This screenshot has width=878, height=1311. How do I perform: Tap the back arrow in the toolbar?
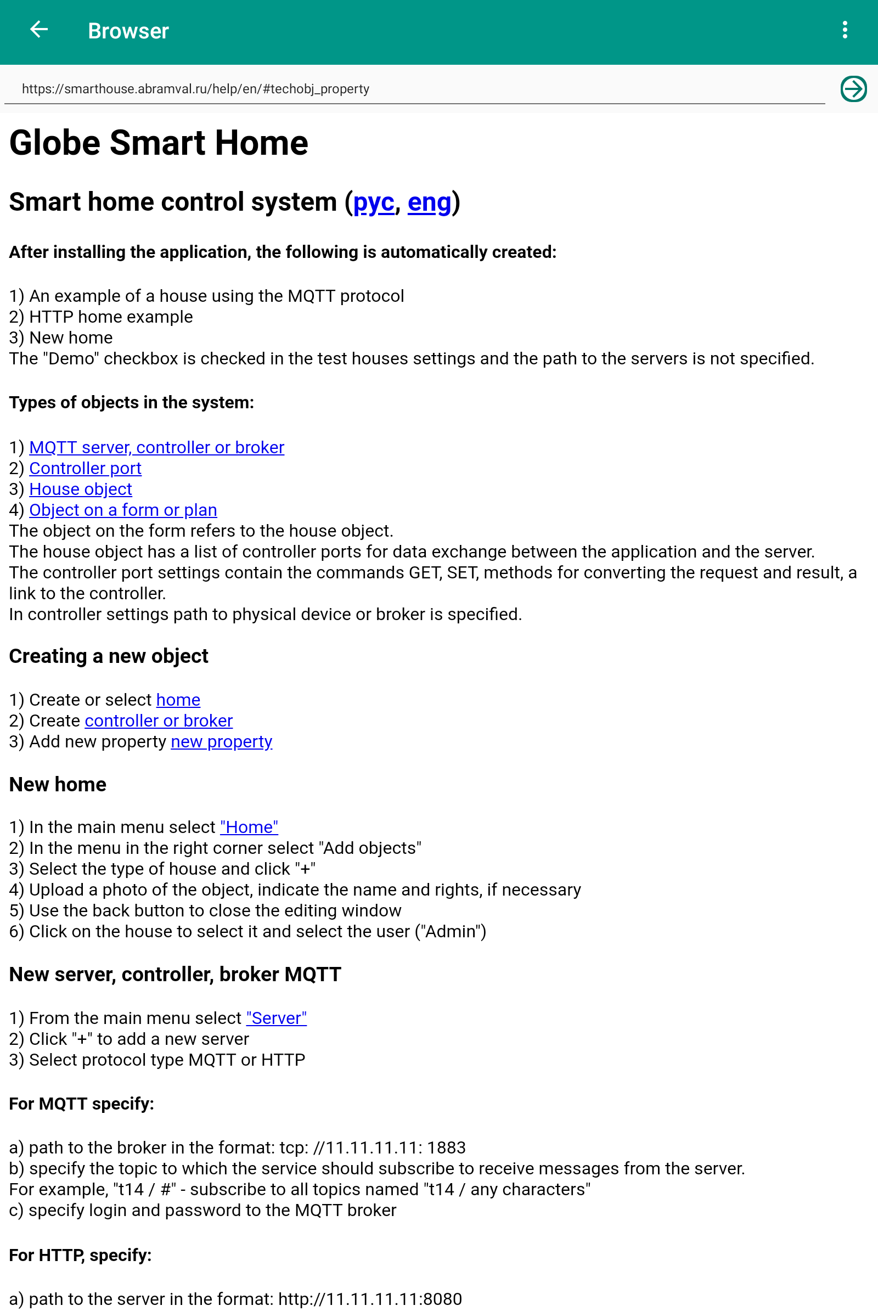tap(38, 30)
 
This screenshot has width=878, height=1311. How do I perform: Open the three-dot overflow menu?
tap(845, 30)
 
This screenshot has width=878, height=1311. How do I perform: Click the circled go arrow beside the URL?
tap(853, 89)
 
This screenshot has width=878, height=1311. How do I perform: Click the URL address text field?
tap(414, 89)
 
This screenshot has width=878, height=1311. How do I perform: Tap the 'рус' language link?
tap(374, 202)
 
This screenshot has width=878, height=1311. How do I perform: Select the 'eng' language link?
tap(429, 202)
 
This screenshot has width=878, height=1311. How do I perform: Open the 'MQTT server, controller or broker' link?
tap(157, 447)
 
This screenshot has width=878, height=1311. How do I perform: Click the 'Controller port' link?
tap(85, 468)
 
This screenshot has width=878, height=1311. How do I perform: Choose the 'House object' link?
tap(81, 489)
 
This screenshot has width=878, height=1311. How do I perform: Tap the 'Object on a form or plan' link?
tap(123, 510)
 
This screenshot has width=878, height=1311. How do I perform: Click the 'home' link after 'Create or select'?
tap(178, 700)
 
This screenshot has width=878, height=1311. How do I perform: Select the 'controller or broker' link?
tap(159, 720)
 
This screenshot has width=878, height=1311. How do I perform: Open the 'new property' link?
tap(221, 741)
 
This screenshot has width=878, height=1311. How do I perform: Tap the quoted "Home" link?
tap(249, 826)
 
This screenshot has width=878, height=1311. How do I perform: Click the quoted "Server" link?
tap(276, 1017)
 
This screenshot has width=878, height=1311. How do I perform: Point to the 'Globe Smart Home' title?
tap(159, 143)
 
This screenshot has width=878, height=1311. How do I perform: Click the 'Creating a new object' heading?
tap(109, 656)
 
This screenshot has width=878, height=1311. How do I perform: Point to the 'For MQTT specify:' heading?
tap(81, 1103)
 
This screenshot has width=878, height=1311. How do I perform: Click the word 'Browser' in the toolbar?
tap(128, 31)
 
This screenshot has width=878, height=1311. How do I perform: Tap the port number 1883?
tap(446, 1147)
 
